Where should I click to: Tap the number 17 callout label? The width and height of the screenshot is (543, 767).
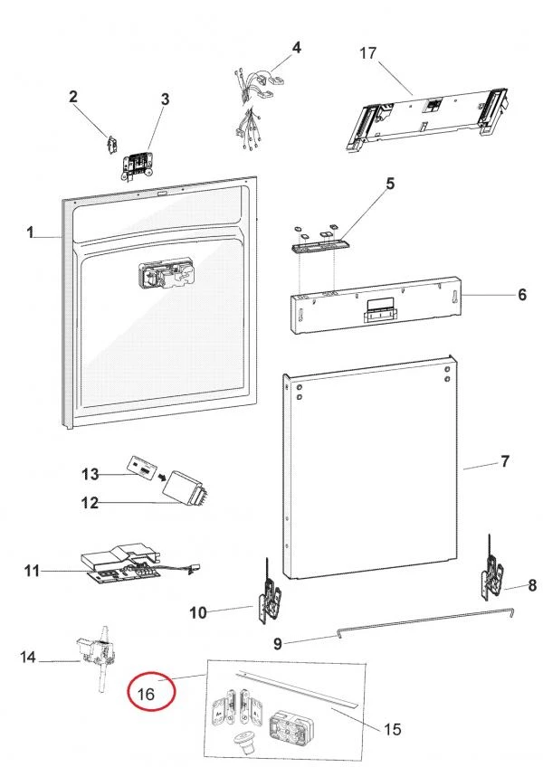[x=367, y=53]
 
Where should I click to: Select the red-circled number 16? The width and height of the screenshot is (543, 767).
[x=148, y=694]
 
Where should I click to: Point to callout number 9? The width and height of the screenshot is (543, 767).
[x=279, y=644]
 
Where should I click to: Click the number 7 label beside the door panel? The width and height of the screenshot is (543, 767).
[x=504, y=462]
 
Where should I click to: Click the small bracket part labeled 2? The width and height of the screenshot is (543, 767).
[x=111, y=143]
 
